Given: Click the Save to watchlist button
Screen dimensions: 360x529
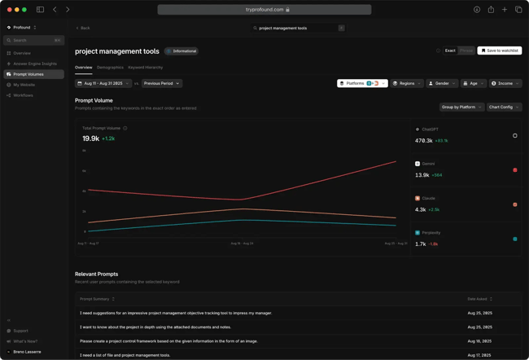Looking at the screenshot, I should pos(500,50).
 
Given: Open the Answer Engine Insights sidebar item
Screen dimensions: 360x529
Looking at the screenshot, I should pos(35,64).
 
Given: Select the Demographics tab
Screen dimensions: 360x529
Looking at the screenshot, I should pos(110,68).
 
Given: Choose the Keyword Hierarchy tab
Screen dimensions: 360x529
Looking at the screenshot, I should pos(145,68).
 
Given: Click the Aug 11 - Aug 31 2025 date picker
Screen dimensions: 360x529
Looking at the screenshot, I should pos(103,83).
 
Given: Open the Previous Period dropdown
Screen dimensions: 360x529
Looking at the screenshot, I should pos(161,83).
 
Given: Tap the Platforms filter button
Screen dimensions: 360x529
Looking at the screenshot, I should pos(362,83).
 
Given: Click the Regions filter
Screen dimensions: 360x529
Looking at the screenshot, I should pos(406,83).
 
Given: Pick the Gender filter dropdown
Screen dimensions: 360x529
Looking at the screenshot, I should pos(442,83).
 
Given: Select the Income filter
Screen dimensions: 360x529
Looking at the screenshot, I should pos(505,83).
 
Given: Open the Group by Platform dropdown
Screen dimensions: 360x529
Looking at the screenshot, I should pos(461,107).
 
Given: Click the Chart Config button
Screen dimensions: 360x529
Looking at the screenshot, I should pos(504,107).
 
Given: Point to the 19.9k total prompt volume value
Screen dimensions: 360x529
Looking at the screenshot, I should pos(90,138).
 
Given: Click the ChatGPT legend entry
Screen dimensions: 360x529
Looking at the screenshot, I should pos(430,130).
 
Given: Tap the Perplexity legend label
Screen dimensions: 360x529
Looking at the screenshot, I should pos(431,233).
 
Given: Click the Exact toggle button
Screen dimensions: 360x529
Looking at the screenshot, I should pos(449,50).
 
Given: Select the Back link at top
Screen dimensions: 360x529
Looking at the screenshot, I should pos(83,28).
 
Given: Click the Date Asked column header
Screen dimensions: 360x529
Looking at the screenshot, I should pos(479,299).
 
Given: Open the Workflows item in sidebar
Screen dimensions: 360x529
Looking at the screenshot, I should pos(23,95).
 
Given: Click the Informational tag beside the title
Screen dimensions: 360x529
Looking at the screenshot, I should pos(181,51).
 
